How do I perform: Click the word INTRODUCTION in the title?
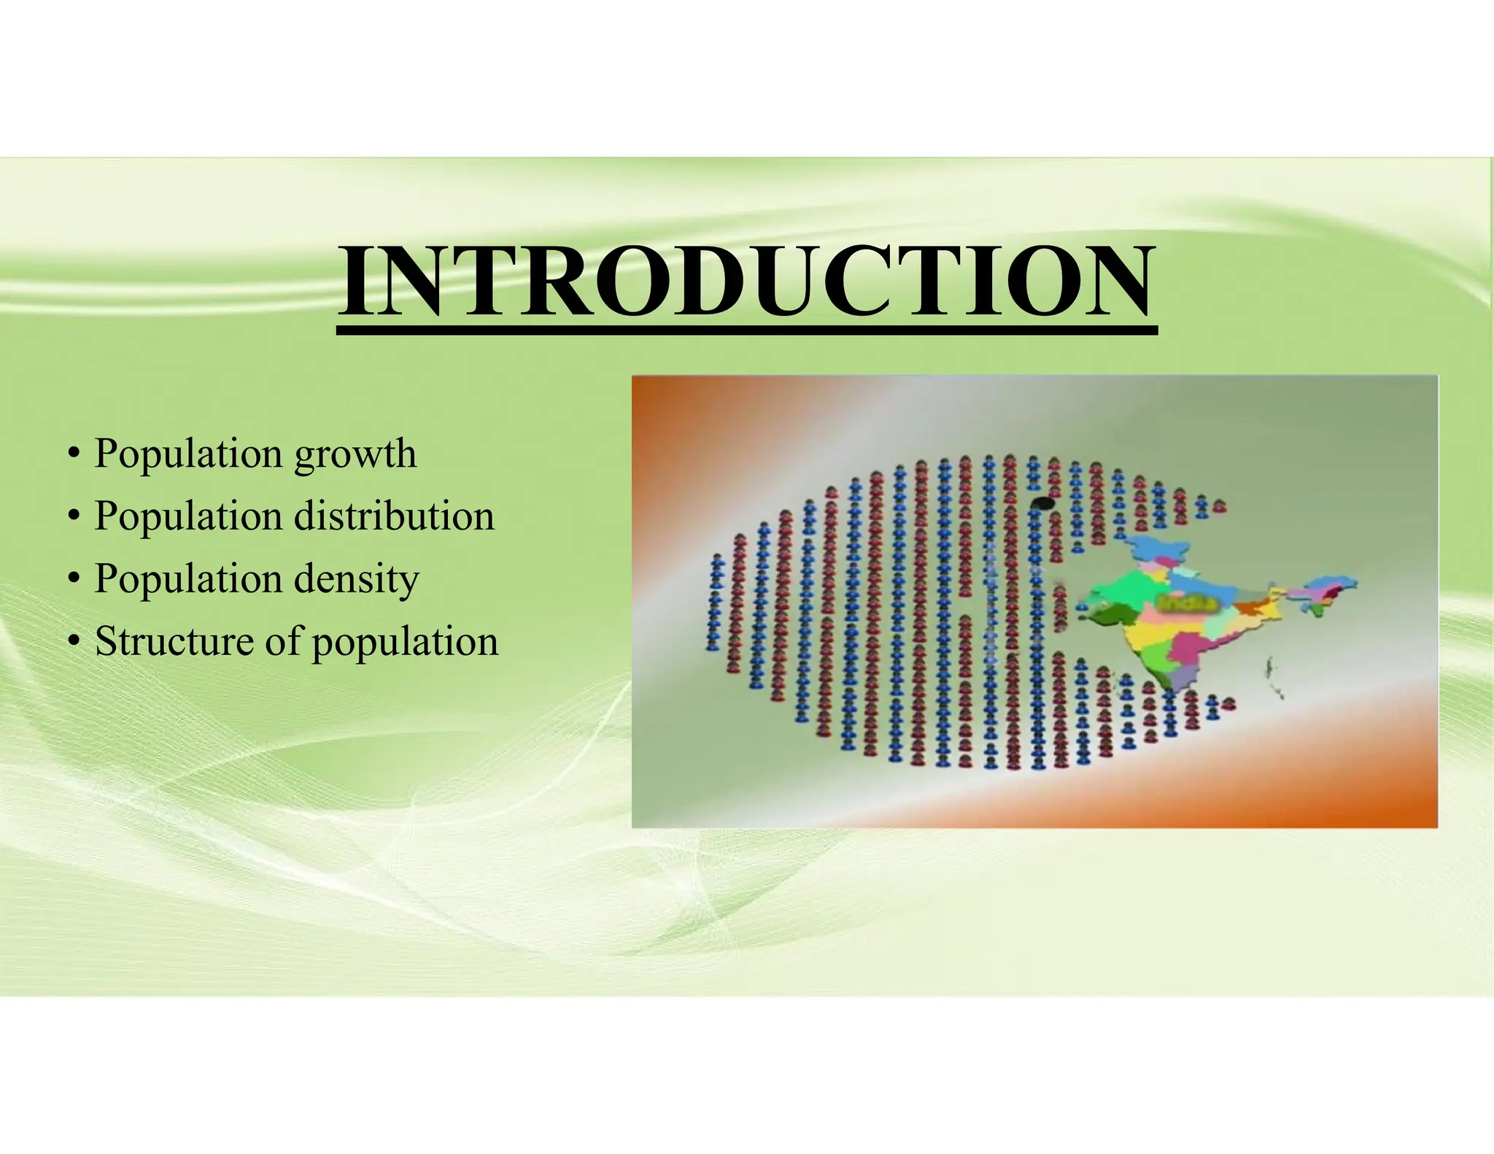tap(746, 282)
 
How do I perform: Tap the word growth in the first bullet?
tap(355, 454)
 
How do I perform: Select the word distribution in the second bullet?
tap(394, 516)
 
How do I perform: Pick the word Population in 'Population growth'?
tap(188, 454)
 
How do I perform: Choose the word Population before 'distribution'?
tap(188, 516)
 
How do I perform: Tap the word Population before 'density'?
tap(188, 578)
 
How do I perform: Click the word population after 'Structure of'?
tap(405, 642)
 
